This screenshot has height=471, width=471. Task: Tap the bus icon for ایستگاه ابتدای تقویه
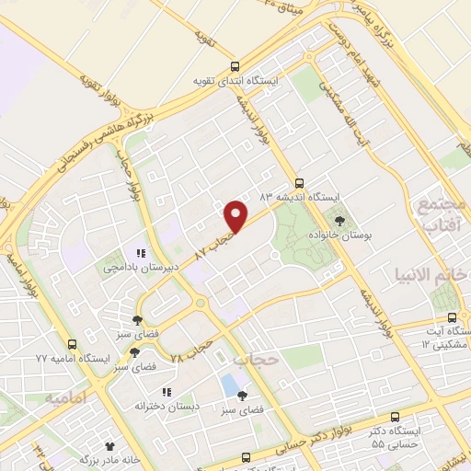[235, 66]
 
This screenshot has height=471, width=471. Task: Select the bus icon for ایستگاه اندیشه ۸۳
[298, 182]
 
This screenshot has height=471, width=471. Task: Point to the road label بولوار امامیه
[20, 276]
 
